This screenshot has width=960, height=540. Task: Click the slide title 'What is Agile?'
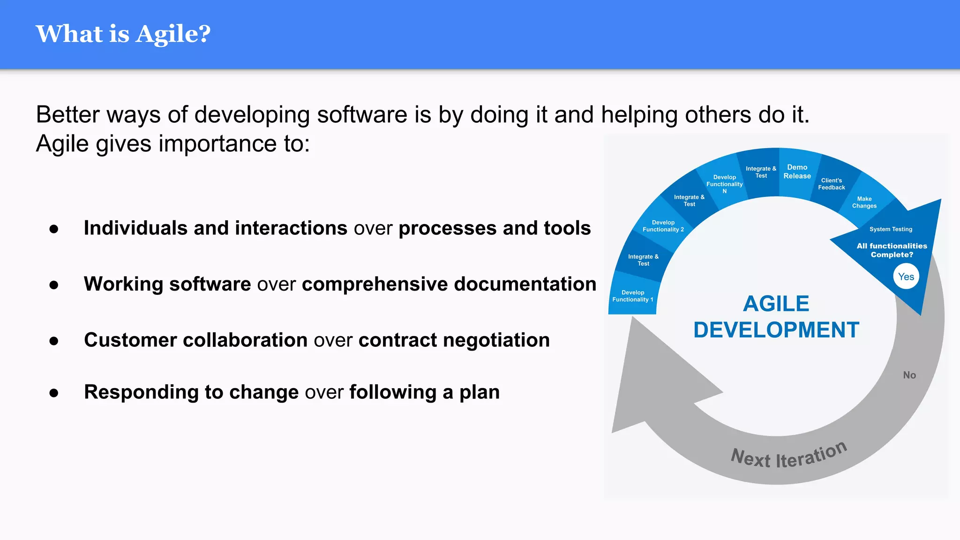click(x=123, y=34)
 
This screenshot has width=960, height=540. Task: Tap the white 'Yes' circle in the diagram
click(x=906, y=277)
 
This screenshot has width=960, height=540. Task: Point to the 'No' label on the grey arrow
click(x=909, y=375)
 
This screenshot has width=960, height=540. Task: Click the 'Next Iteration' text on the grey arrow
click(x=789, y=456)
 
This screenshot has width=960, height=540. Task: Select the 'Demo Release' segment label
click(x=797, y=172)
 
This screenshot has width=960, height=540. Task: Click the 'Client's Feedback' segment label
click(x=831, y=184)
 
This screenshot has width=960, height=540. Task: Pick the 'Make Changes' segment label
click(x=864, y=202)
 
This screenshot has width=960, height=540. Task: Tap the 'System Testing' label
click(x=891, y=229)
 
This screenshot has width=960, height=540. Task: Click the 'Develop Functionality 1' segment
click(x=632, y=296)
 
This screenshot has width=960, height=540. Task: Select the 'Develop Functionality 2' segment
click(x=663, y=226)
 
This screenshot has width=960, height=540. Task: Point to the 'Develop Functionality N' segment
click(x=724, y=184)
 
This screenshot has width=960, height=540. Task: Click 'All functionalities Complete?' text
click(x=892, y=250)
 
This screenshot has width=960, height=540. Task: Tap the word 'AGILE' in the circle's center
click(x=776, y=304)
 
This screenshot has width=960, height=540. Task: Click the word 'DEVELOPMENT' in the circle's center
click(x=776, y=330)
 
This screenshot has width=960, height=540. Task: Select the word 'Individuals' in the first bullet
click(x=135, y=228)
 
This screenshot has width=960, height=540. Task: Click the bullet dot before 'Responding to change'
click(x=54, y=393)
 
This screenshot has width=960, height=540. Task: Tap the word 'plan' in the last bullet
click(x=479, y=392)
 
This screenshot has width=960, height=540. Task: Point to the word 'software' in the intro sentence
click(x=362, y=115)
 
